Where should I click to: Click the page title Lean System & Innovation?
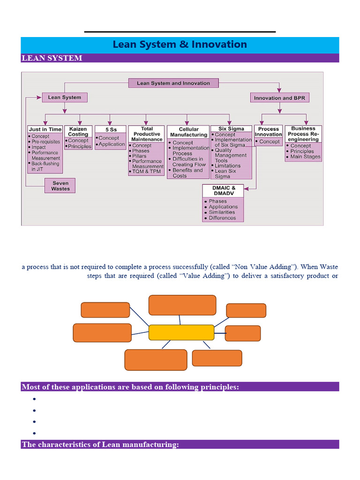(180, 45)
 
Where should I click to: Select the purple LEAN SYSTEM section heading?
(52, 58)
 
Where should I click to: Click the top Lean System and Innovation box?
(173, 83)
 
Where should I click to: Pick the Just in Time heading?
(45, 129)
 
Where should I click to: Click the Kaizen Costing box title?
(78, 131)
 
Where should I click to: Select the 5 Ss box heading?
(110, 129)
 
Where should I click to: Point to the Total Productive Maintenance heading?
(147, 134)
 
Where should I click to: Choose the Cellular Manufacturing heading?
(188, 132)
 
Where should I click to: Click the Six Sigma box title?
(231, 128)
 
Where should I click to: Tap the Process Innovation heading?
(269, 131)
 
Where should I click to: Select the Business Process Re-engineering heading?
(303, 134)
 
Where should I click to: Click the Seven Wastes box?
(60, 186)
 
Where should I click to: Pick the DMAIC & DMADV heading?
(223, 191)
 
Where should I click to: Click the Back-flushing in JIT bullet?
(45, 166)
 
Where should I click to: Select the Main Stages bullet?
(305, 157)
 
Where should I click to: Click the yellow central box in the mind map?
(181, 332)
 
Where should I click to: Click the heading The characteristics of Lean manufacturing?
(100, 444)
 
